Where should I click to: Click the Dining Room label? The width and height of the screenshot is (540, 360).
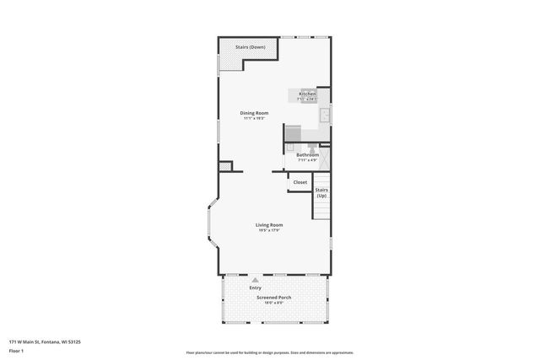pyautogui.click(x=253, y=113)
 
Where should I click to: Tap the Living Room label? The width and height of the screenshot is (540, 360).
pyautogui.click(x=269, y=225)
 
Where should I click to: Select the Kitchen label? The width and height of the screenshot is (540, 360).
pyautogui.click(x=307, y=94)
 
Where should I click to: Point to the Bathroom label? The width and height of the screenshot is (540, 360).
pyautogui.click(x=307, y=154)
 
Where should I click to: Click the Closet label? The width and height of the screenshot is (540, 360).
pyautogui.click(x=300, y=182)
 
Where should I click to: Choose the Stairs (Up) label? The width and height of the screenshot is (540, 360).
pyautogui.click(x=321, y=192)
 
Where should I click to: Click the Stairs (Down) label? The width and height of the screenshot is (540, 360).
pyautogui.click(x=251, y=47)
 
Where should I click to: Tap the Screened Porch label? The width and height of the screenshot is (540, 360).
pyautogui.click(x=269, y=298)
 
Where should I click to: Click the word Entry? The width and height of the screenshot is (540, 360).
pyautogui.click(x=256, y=288)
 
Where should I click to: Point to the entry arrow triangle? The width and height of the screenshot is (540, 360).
pyautogui.click(x=256, y=279)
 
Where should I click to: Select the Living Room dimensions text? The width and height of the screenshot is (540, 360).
pyautogui.click(x=269, y=230)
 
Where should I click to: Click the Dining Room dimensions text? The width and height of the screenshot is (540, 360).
pyautogui.click(x=253, y=118)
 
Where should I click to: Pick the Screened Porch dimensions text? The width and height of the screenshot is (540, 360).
pyautogui.click(x=269, y=304)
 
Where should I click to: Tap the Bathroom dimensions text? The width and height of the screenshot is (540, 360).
pyautogui.click(x=307, y=159)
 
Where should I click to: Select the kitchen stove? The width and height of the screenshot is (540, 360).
pyautogui.click(x=294, y=132)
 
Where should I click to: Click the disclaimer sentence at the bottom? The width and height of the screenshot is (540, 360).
pyautogui.click(x=269, y=352)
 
